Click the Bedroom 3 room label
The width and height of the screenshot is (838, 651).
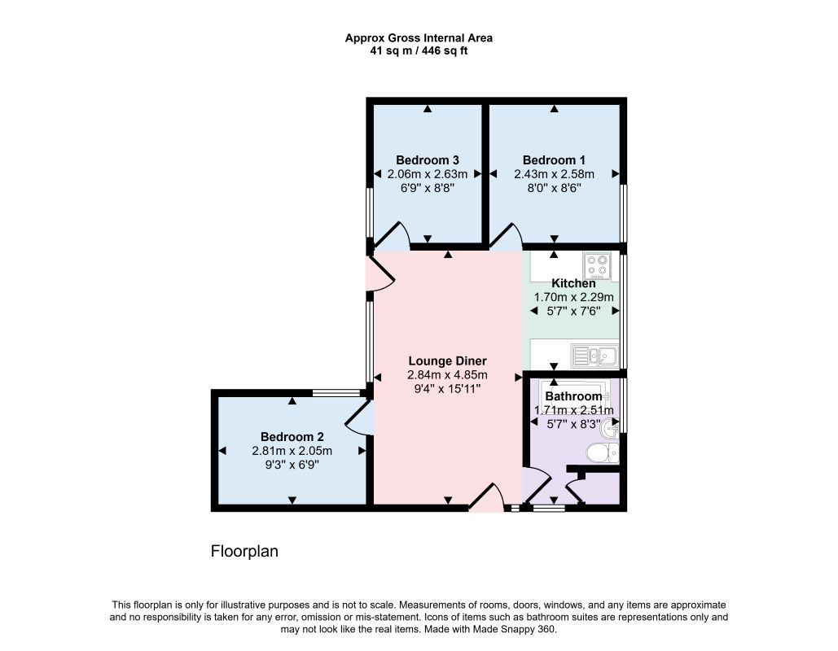427,160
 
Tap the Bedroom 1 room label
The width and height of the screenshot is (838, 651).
554,160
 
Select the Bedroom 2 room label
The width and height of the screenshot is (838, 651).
292,437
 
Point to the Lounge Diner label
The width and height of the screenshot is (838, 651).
447,361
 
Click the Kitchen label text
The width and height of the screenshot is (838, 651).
573,283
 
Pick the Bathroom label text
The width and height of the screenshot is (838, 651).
573,396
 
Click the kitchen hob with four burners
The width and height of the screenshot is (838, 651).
598,266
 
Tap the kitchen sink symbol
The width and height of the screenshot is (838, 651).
594,356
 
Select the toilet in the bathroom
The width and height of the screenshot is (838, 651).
603,453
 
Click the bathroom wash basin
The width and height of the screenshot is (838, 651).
610,429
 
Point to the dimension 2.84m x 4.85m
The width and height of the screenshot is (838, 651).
447,375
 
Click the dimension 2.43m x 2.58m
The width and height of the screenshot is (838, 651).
554,174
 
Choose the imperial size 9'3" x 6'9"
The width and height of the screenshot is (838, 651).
292,465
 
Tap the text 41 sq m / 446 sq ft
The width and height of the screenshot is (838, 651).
419,51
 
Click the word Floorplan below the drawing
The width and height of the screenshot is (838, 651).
244,551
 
